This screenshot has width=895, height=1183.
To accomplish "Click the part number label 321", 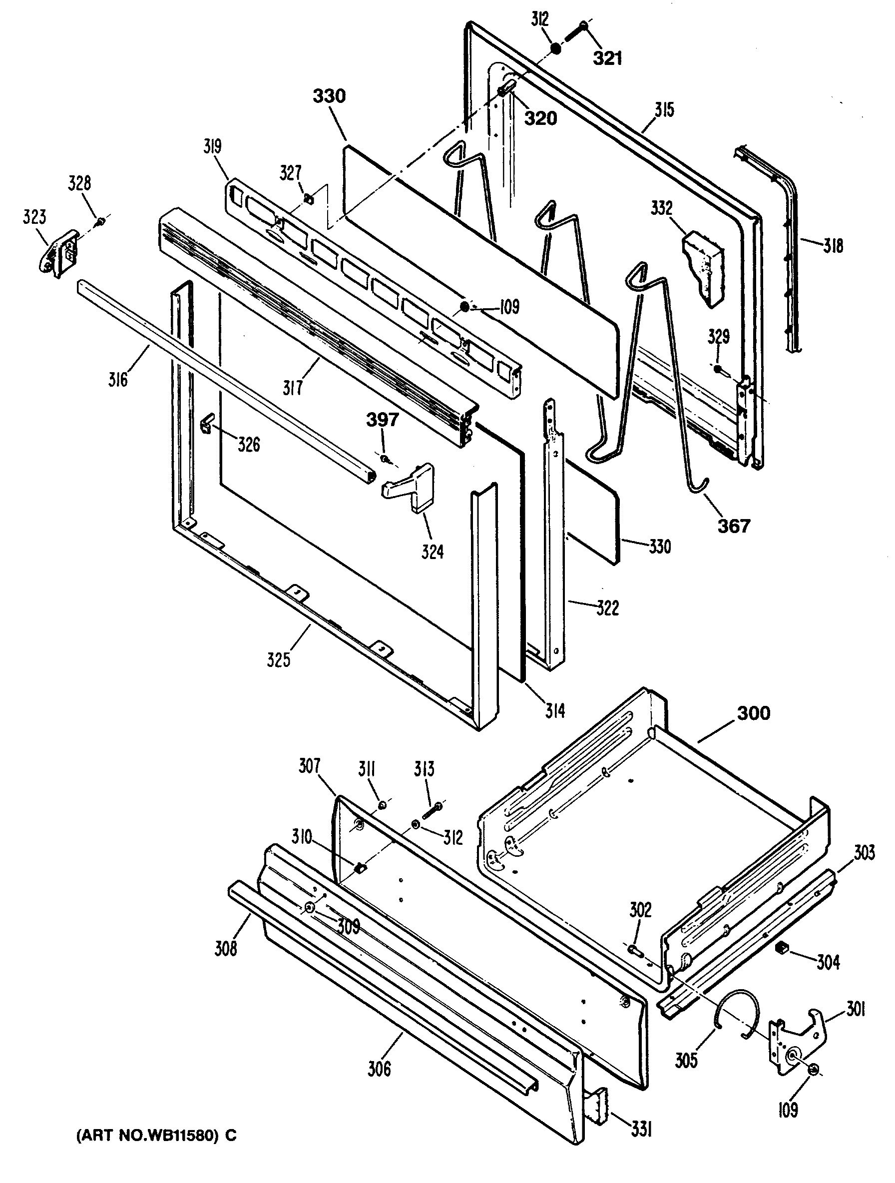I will tap(608, 58).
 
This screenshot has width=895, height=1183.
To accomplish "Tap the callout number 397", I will tap(382, 420).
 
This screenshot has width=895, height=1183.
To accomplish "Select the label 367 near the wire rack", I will tap(734, 526).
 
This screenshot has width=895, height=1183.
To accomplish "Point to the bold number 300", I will tap(753, 713).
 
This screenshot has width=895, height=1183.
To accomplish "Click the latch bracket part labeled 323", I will tap(58, 251).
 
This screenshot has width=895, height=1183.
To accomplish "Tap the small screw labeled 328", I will tap(100, 221).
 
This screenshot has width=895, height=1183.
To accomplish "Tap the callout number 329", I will tap(719, 336).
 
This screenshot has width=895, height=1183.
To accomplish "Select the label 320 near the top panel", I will tap(540, 118).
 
